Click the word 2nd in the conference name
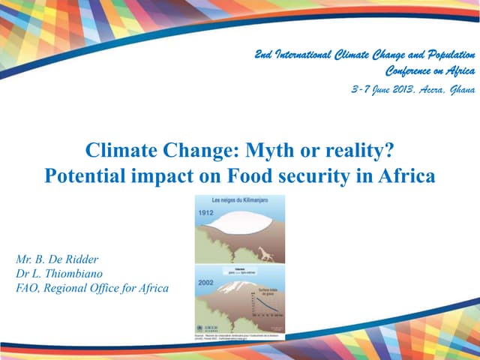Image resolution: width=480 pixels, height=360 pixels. (x=263, y=55)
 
